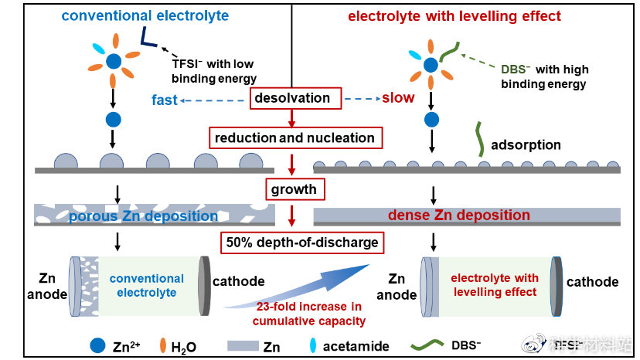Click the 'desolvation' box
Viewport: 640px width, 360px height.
tap(292, 98)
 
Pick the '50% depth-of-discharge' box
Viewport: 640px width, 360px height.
tap(302, 242)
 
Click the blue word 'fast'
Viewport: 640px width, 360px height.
tap(165, 100)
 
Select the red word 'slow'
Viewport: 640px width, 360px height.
tap(398, 98)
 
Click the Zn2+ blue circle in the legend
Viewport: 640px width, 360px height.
tap(98, 346)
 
